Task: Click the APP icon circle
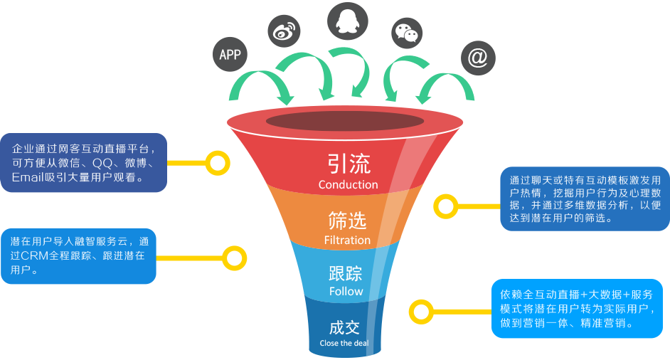coord(230,55)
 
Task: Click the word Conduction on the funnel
coord(348,184)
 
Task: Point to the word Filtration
coord(347,240)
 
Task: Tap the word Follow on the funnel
coord(346,292)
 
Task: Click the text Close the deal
coord(344,343)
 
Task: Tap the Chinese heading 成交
coord(344,327)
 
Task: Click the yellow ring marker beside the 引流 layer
coord(217,163)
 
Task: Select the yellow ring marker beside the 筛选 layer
coord(447,207)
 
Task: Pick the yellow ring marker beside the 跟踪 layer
coord(233,258)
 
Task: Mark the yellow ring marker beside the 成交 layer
coord(421,311)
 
